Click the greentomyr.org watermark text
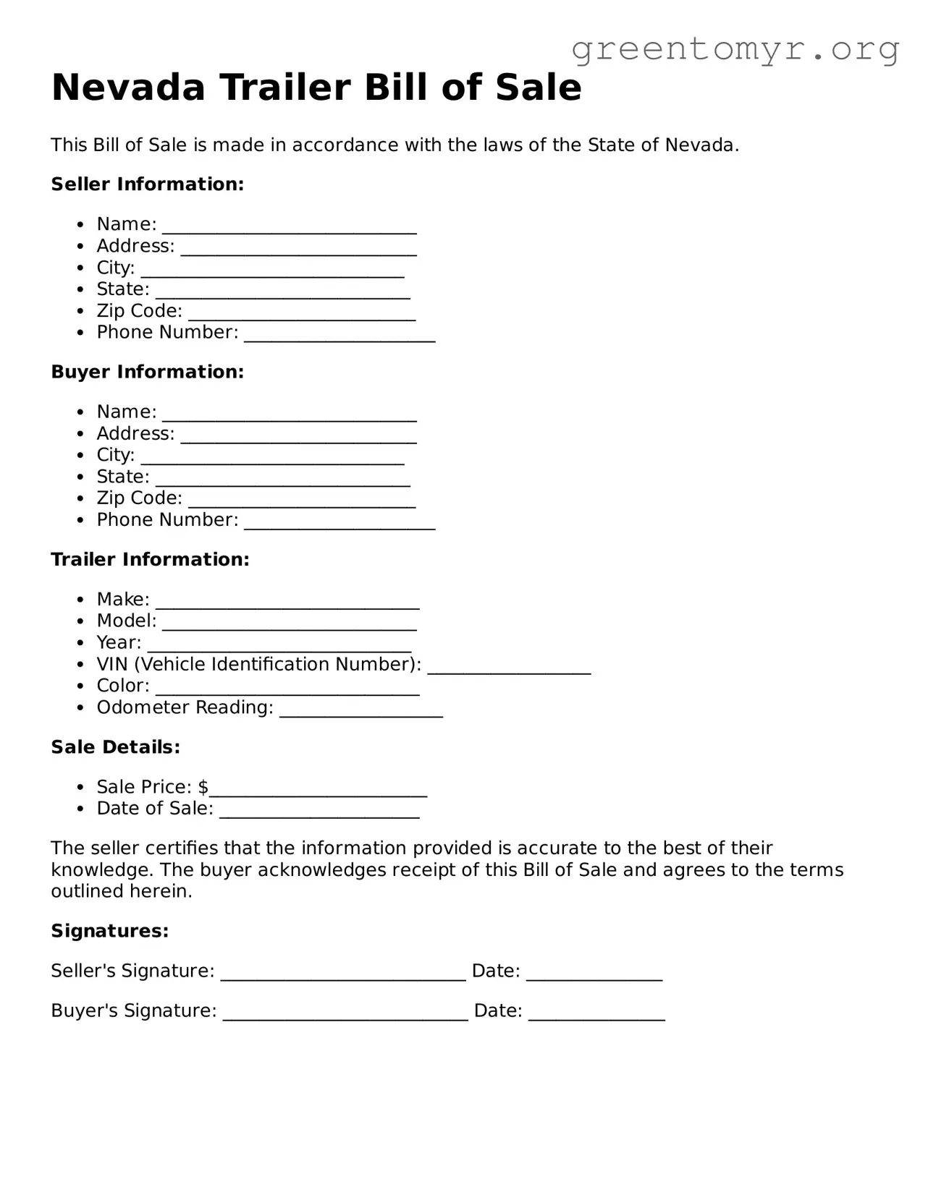(x=735, y=49)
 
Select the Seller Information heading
(x=147, y=184)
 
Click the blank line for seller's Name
(x=289, y=230)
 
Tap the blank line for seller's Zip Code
(x=302, y=317)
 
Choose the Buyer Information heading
(x=147, y=372)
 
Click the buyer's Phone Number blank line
(x=339, y=526)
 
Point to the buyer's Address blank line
(x=298, y=439)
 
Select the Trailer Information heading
(x=150, y=559)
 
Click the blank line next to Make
(x=287, y=605)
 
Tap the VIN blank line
(x=509, y=671)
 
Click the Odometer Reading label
(x=185, y=707)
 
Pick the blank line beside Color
(x=287, y=692)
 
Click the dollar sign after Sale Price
(x=203, y=787)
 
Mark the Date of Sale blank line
(x=319, y=814)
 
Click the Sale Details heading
(x=115, y=747)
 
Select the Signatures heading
(x=109, y=931)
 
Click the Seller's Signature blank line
(x=343, y=976)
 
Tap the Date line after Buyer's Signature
(x=596, y=1016)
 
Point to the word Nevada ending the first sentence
(x=699, y=145)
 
